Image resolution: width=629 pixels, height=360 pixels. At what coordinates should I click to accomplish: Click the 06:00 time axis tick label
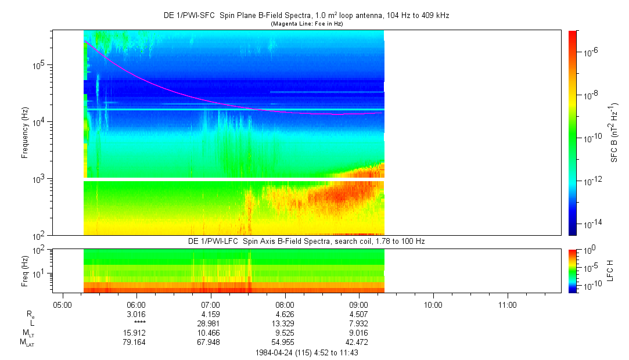136,305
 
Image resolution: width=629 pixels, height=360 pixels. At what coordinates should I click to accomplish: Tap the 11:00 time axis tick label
508,305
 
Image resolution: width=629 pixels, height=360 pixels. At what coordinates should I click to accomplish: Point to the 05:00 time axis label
62,305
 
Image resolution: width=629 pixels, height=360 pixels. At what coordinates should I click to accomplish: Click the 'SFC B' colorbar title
613,132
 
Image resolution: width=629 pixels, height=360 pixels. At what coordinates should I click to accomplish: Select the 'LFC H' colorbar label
610,271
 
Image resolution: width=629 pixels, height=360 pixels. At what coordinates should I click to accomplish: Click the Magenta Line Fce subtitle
306,24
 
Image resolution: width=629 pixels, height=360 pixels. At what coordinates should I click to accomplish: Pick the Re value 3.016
136,315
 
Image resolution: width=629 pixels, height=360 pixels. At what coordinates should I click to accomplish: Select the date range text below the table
306,352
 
